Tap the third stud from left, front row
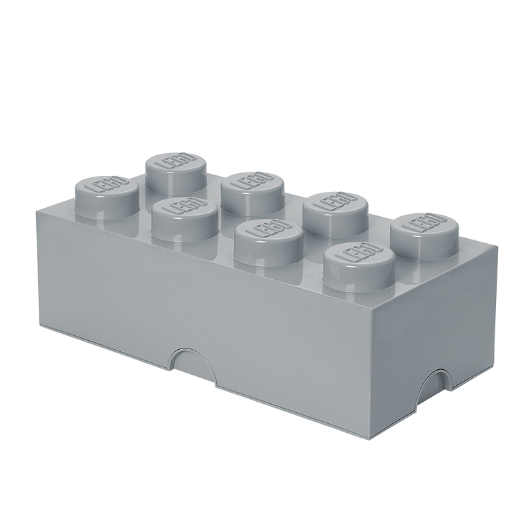pos(263,239)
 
